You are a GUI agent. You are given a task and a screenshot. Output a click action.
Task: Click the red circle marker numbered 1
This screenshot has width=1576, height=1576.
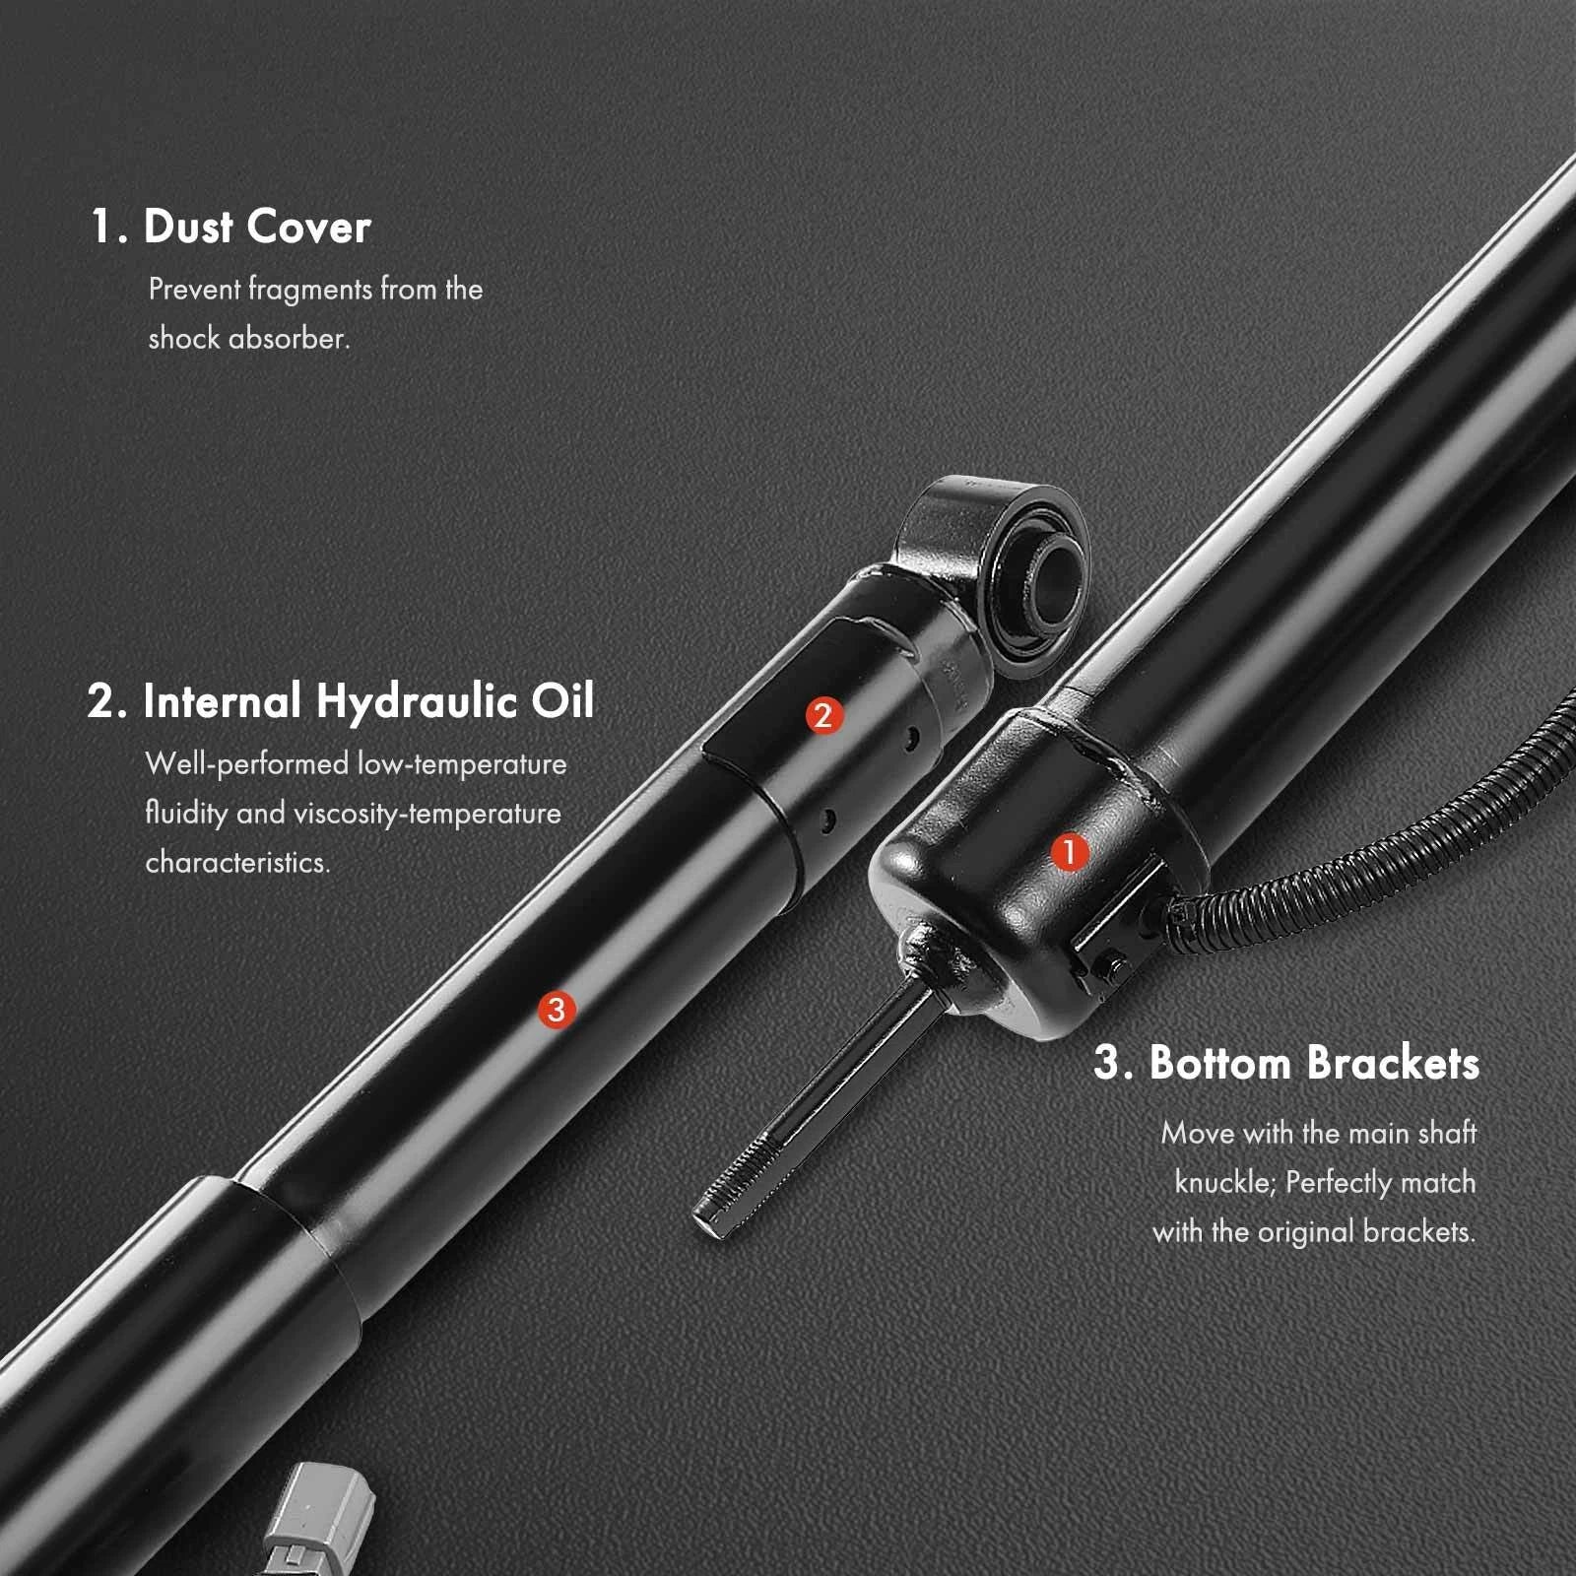1070,852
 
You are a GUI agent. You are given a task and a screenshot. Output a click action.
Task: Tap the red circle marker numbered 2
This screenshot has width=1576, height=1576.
823,715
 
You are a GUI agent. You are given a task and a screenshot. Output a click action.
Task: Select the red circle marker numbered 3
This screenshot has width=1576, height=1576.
557,1009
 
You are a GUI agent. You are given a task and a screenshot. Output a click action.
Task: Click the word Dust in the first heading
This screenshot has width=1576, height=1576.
188,227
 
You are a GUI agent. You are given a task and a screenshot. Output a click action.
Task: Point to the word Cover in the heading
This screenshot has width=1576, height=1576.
309,227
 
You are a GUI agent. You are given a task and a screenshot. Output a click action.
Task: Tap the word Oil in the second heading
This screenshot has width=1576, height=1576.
563,701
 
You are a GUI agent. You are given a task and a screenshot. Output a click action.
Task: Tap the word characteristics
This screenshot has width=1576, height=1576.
237,862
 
